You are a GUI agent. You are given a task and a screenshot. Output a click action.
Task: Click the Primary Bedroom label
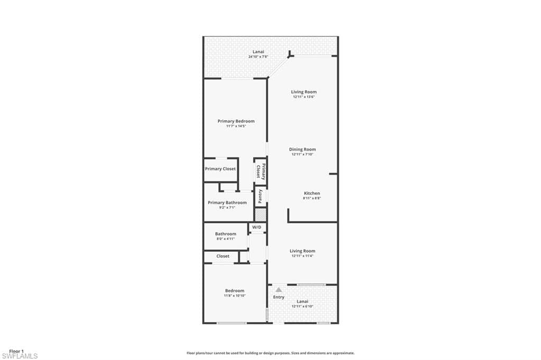(236, 121)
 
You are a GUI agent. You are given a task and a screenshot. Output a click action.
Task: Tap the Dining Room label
(303, 149)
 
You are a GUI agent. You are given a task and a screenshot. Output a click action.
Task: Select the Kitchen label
(312, 193)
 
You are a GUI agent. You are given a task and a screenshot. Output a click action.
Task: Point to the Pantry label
(260, 197)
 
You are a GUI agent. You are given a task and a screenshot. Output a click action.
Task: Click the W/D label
(257, 228)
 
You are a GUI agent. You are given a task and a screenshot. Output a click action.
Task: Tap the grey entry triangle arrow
(278, 289)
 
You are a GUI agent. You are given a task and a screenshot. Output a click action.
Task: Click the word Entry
(278, 297)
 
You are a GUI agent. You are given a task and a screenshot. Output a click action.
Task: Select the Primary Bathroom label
(227, 203)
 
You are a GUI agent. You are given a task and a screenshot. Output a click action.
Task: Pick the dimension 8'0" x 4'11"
(226, 239)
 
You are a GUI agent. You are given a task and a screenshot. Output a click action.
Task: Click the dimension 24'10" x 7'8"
(258, 56)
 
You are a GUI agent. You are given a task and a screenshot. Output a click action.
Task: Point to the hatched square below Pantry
(260, 215)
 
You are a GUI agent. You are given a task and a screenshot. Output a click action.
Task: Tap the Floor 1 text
(16, 351)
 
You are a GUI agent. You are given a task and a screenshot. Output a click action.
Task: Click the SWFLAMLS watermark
(20, 356)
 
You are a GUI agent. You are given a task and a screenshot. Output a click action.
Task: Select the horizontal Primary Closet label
(220, 169)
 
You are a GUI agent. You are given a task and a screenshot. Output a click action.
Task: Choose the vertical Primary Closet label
(260, 171)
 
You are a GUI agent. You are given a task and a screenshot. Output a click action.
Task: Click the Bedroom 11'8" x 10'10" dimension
(235, 296)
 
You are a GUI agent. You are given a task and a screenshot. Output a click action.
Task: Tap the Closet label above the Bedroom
(223, 256)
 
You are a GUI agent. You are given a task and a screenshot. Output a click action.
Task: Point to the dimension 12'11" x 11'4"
(302, 256)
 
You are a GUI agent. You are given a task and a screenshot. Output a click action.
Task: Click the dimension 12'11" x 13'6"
(304, 97)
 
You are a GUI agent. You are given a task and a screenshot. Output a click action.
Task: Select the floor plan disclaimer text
(270, 353)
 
